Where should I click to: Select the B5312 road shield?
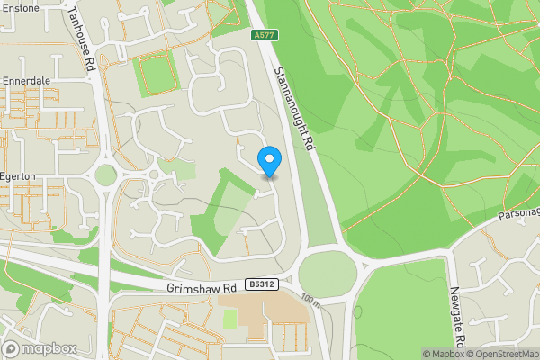tap(261, 284)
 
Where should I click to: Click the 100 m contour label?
tap(310, 300)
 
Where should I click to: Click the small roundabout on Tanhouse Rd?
tap(106, 175)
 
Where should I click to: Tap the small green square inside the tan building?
tap(229, 318)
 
